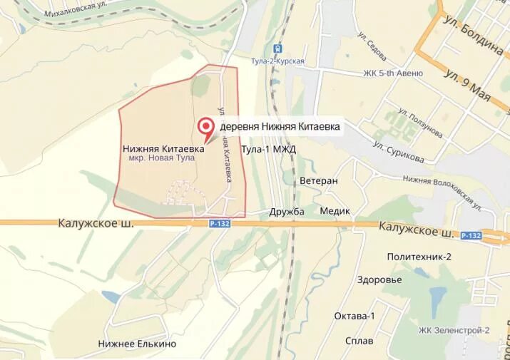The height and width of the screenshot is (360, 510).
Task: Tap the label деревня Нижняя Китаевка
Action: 280,127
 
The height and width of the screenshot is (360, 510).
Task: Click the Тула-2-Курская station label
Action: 278,61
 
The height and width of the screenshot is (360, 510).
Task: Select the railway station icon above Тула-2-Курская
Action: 278,48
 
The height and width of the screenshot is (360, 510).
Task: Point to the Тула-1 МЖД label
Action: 268,149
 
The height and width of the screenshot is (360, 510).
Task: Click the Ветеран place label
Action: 318,181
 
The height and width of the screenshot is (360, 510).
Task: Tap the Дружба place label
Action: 287,211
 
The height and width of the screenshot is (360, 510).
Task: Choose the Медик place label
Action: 335,211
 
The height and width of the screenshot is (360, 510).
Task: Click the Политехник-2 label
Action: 419,257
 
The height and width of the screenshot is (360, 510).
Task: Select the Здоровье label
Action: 379,279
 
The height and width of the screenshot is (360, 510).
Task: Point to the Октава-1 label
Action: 355,316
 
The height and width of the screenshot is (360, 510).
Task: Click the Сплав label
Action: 358,341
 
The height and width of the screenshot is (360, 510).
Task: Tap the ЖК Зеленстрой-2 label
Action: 454,330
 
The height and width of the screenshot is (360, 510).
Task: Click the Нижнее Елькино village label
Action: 137,344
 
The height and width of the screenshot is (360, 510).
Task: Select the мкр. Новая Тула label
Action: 161,160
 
